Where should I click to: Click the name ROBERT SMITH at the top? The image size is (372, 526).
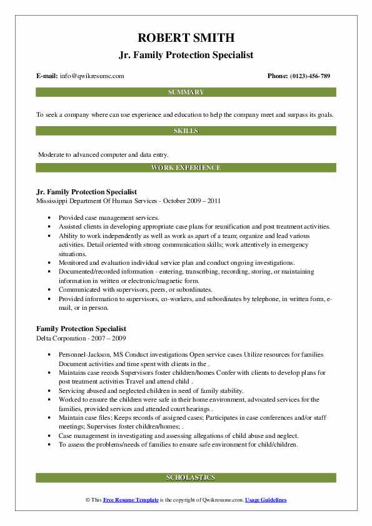(186, 39)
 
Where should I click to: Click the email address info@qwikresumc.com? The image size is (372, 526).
(92, 76)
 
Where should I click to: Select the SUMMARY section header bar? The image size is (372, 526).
(186, 92)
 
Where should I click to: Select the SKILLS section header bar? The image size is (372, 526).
(186, 131)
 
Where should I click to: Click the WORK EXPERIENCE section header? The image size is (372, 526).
(186, 168)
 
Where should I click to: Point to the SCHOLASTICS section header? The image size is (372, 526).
(186, 478)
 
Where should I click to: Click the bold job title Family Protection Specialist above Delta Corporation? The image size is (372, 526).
(81, 329)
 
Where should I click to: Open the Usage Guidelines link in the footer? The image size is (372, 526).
(266, 500)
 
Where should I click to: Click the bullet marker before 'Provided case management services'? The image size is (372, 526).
(49, 216)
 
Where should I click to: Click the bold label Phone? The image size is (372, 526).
(278, 76)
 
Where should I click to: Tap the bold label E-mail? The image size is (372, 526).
(47, 76)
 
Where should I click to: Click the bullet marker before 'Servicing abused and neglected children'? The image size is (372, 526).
(49, 390)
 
